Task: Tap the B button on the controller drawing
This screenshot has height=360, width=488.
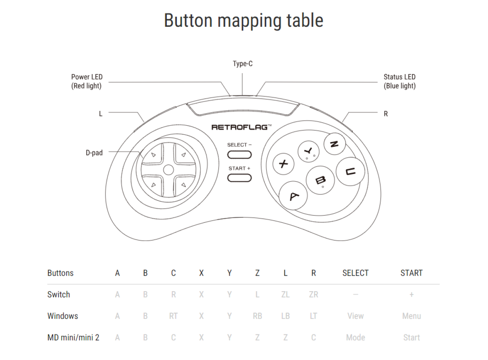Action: tap(320, 180)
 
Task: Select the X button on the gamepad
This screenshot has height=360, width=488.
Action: tap(284, 164)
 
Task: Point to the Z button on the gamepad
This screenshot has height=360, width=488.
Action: tap(335, 144)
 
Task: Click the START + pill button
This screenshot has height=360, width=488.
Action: tap(239, 178)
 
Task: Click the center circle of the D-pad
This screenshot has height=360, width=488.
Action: tap(168, 170)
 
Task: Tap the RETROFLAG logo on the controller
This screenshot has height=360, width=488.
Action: tap(241, 127)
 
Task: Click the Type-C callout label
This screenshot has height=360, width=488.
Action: tap(243, 64)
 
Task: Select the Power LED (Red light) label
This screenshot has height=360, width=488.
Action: tap(87, 81)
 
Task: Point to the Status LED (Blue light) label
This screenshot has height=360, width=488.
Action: tap(400, 81)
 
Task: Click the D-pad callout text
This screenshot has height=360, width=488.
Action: tap(94, 153)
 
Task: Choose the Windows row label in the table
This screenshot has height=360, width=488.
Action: tap(63, 316)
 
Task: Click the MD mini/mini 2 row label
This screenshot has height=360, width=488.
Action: tap(73, 338)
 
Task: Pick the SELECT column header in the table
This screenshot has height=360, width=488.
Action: tap(356, 273)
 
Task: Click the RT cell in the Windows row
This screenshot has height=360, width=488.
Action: tap(173, 316)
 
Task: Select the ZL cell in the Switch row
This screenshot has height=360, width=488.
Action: tap(285, 294)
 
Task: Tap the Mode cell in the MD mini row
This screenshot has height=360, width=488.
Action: tap(356, 338)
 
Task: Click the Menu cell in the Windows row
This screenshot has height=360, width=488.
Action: tap(412, 316)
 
